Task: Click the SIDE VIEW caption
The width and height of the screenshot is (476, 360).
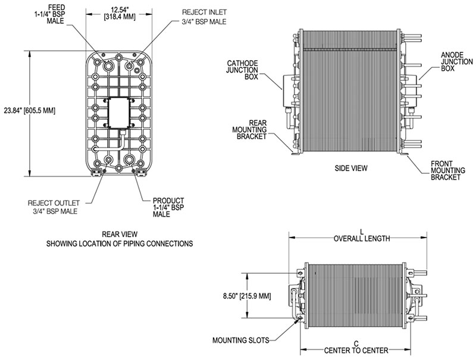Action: (350, 168)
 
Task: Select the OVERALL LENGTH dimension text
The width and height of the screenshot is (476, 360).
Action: (362, 239)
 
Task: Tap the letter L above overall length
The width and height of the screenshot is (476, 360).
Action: (362, 231)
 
